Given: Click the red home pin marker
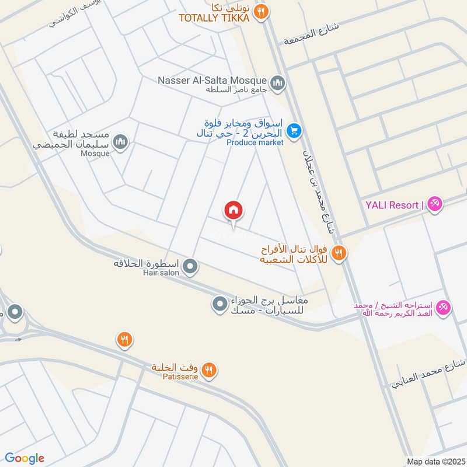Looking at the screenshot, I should [233, 211].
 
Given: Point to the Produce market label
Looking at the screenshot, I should [255, 142].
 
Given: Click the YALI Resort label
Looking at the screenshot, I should [392, 205].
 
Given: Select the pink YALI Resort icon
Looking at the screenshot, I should [434, 204].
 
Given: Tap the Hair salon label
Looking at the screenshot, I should [158, 273].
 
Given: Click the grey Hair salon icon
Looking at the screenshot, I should [190, 268].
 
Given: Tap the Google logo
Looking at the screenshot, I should [25, 458].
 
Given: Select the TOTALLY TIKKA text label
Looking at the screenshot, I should [214, 18].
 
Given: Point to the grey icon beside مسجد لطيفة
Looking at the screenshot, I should [120, 142].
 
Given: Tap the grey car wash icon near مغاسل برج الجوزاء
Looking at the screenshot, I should [219, 304].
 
